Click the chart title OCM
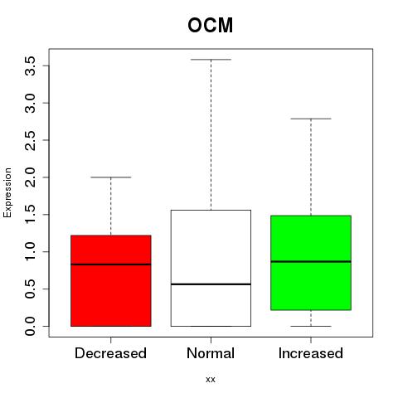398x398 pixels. pyautogui.click(x=211, y=26)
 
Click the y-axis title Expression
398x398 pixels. pyautogui.click(x=7, y=192)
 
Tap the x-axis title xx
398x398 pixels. pyautogui.click(x=211, y=380)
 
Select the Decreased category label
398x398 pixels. pyautogui.click(x=110, y=353)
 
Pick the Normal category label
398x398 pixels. pyautogui.click(x=211, y=353)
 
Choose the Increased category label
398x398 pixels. pyautogui.click(x=311, y=353)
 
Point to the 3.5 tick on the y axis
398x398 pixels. pyautogui.click(x=30, y=66)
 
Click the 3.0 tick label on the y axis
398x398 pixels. pyautogui.click(x=30, y=103)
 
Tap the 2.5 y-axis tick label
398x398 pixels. pyautogui.click(x=30, y=140)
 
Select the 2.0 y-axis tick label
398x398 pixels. pyautogui.click(x=30, y=177)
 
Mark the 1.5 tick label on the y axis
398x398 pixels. pyautogui.click(x=30, y=215)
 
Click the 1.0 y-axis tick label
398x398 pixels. pyautogui.click(x=30, y=251)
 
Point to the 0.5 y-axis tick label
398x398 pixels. pyautogui.click(x=30, y=289)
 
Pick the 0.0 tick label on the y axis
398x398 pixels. pyautogui.click(x=30, y=326)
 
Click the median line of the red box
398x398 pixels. pyautogui.click(x=111, y=265)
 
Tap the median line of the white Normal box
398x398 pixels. pyautogui.click(x=211, y=284)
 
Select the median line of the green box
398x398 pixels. pyautogui.click(x=311, y=261)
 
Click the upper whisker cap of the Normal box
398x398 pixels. pyautogui.click(x=211, y=60)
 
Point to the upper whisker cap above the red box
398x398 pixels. pyautogui.click(x=111, y=177)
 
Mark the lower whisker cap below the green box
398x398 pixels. pyautogui.click(x=311, y=326)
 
